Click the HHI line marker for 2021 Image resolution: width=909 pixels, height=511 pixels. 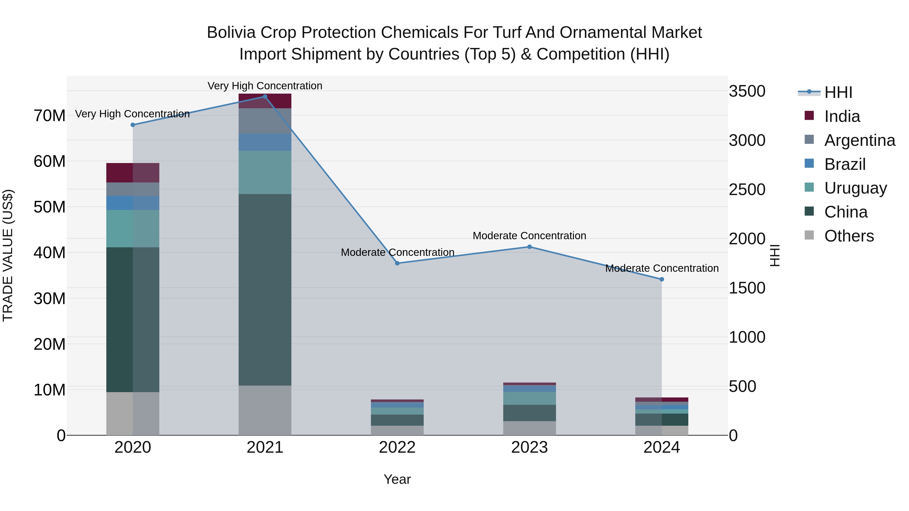click(265, 97)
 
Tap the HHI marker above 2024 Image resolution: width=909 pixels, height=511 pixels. click(662, 279)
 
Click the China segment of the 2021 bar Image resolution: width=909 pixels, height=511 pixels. click(265, 289)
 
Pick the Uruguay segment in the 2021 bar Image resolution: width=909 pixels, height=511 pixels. click(265, 172)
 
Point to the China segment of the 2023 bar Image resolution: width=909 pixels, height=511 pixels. click(529, 413)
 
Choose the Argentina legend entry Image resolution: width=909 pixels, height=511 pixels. click(860, 140)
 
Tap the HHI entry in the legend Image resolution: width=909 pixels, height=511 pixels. click(838, 92)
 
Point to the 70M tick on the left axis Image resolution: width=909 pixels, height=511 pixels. click(49, 116)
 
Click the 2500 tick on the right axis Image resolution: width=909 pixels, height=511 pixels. click(747, 189)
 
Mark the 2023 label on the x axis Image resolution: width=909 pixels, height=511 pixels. click(529, 447)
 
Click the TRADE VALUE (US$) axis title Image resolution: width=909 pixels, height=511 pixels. click(8, 255)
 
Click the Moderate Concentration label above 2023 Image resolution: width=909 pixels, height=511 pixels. click(529, 236)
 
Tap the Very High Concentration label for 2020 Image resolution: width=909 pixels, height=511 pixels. click(132, 114)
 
